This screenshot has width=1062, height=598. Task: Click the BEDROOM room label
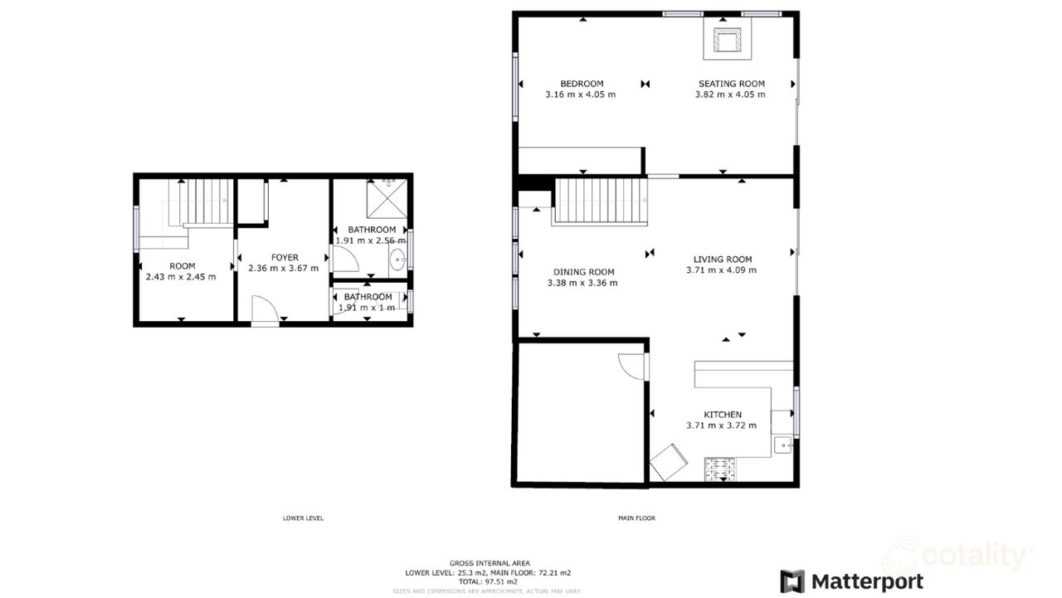(581, 84)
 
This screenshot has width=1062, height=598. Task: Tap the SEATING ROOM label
(730, 84)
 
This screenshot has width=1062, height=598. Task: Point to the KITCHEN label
(722, 415)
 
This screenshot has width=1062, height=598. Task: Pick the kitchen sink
(783, 445)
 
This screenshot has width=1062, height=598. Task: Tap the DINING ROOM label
(583, 272)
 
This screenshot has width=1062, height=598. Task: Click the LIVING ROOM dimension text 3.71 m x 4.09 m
(720, 270)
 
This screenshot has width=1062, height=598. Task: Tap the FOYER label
(284, 257)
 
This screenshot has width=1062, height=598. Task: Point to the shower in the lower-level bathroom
(386, 197)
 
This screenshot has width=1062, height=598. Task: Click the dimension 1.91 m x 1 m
(367, 308)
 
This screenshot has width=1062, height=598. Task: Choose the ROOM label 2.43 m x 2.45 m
(181, 277)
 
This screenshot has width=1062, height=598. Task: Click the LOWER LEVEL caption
(303, 518)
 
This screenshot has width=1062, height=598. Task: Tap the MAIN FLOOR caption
(636, 518)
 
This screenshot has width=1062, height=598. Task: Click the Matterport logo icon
(792, 581)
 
